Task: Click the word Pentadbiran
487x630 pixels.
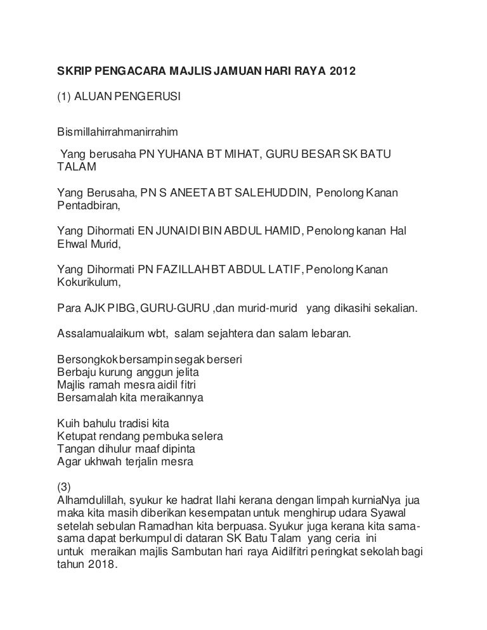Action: (x=88, y=206)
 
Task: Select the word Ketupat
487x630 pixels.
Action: (x=75, y=437)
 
